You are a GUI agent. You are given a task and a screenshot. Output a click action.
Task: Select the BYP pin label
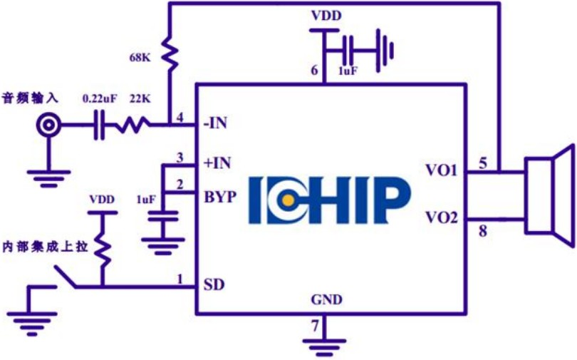220,195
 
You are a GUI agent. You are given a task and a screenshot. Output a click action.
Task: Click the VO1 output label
442,172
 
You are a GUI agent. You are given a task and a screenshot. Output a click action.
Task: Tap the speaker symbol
549,195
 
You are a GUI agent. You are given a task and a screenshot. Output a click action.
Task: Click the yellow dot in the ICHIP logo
286,202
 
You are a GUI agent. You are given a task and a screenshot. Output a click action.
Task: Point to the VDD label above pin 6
325,15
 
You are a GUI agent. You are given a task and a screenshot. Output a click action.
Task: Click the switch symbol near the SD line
66,277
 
